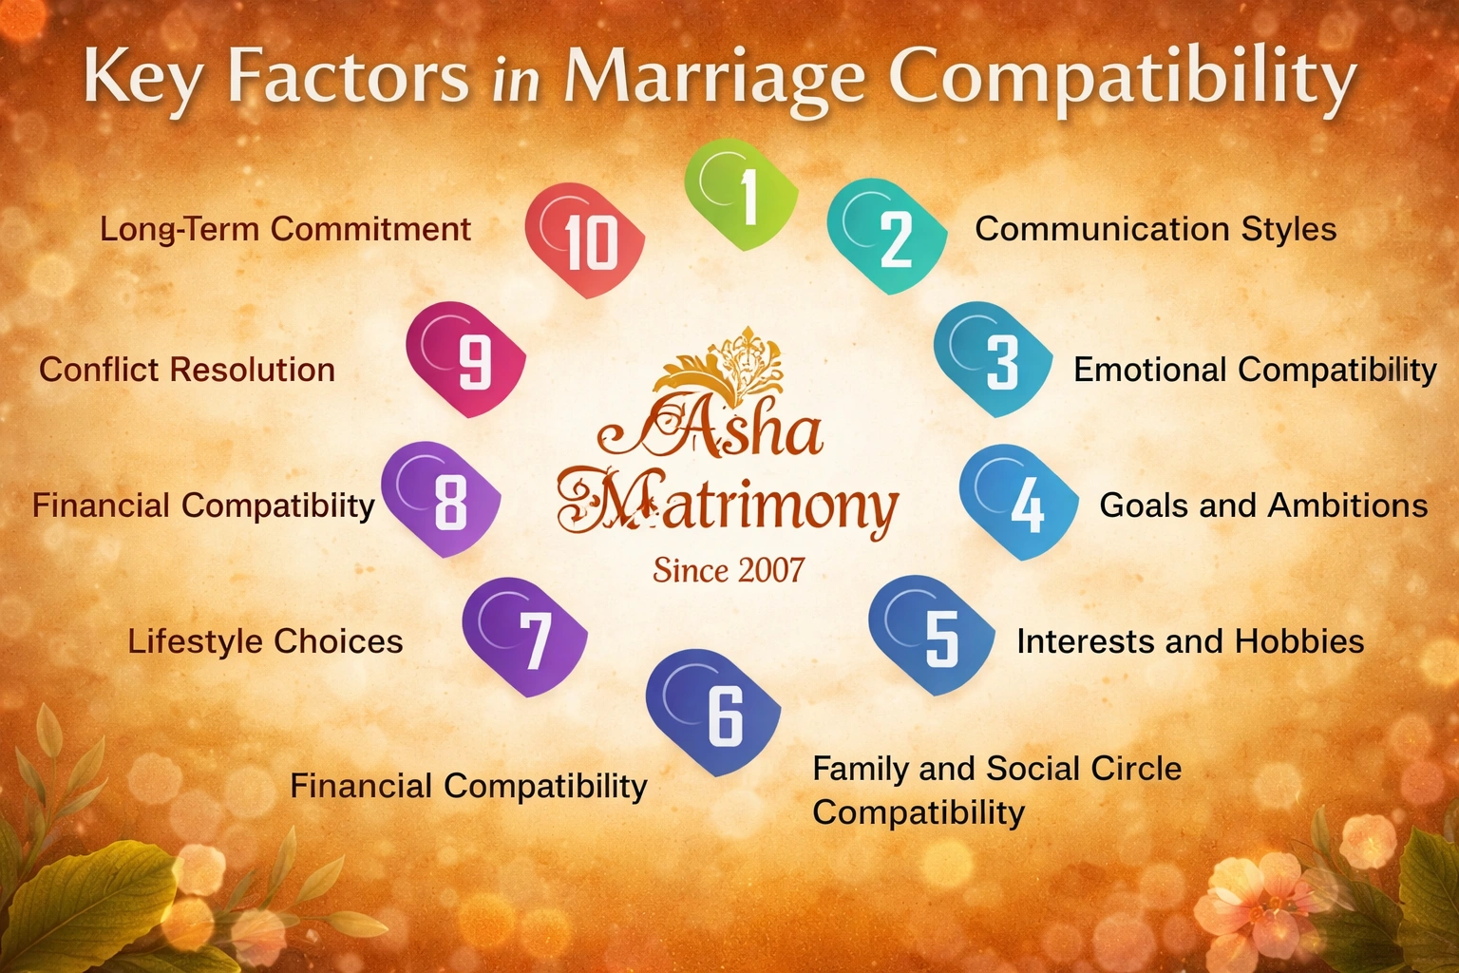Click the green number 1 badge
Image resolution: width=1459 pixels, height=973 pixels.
tap(742, 195)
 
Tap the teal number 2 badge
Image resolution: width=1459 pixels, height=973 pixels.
tap(887, 236)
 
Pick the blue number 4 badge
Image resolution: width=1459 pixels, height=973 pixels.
tap(1019, 502)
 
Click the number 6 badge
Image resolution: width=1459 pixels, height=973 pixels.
tap(714, 713)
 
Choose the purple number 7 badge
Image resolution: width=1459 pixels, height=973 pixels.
tap(525, 637)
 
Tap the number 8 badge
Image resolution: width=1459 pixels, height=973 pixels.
tap(441, 498)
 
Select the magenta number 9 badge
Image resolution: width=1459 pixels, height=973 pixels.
tap(465, 359)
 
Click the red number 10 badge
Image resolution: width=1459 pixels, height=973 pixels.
tap(585, 239)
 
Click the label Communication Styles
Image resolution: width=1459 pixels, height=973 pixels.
tap(1155, 229)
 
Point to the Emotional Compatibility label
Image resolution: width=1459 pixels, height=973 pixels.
tap(1255, 370)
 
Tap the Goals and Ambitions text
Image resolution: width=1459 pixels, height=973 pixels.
tap(1263, 506)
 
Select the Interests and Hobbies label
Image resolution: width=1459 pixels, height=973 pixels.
tap(1190, 641)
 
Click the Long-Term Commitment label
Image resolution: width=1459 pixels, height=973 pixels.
tap(285, 229)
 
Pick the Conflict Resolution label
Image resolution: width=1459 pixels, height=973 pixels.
tap(187, 370)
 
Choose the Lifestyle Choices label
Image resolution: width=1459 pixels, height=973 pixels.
tap(266, 641)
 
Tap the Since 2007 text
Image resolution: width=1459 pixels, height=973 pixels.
tap(729, 570)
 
